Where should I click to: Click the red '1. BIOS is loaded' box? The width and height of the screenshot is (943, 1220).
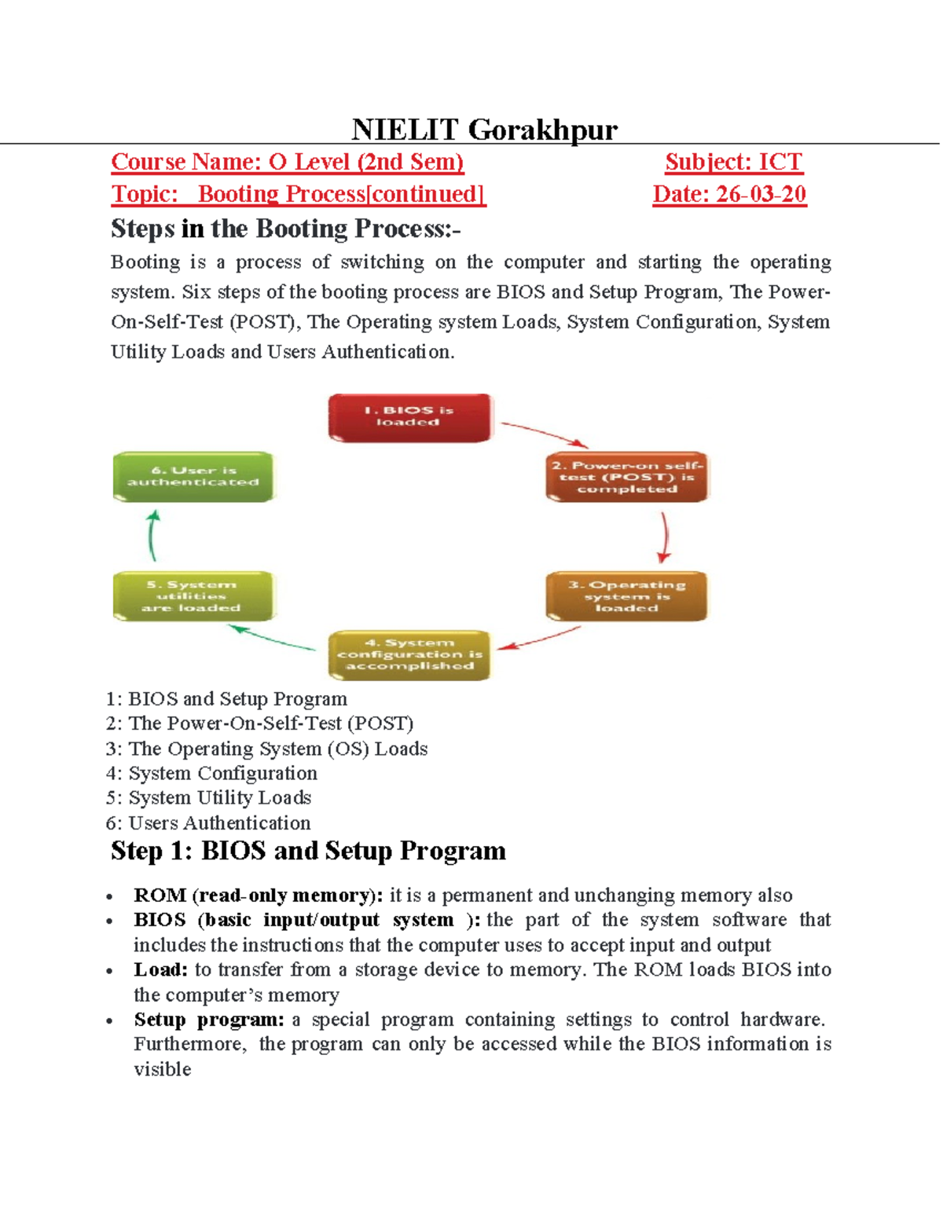409,417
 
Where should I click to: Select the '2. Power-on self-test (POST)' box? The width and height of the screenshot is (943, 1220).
626,477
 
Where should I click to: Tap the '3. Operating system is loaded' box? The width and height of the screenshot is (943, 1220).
626,596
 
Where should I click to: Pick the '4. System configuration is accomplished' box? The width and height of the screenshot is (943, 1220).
409,654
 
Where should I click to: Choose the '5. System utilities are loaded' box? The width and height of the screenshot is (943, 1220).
193,596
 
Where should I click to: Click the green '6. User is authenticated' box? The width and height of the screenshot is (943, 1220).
193,477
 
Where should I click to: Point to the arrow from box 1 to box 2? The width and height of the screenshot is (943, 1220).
545,434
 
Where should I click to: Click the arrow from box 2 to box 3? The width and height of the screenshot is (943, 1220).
665,537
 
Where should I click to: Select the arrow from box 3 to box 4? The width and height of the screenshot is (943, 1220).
540,639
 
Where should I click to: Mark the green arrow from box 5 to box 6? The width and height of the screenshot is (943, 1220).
152,536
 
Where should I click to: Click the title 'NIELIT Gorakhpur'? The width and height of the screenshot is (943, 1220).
484,129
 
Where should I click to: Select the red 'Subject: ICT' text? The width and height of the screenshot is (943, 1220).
733,162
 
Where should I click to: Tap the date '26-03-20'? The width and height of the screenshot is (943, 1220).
761,194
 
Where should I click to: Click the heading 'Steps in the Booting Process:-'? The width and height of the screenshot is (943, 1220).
285,229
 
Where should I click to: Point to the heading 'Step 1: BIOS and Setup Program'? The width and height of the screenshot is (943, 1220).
308,851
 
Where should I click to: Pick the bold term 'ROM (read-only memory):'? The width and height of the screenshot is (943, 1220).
258,895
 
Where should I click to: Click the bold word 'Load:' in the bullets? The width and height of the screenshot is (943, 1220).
160,969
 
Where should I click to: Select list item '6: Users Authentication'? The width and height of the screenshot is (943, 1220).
208,822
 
